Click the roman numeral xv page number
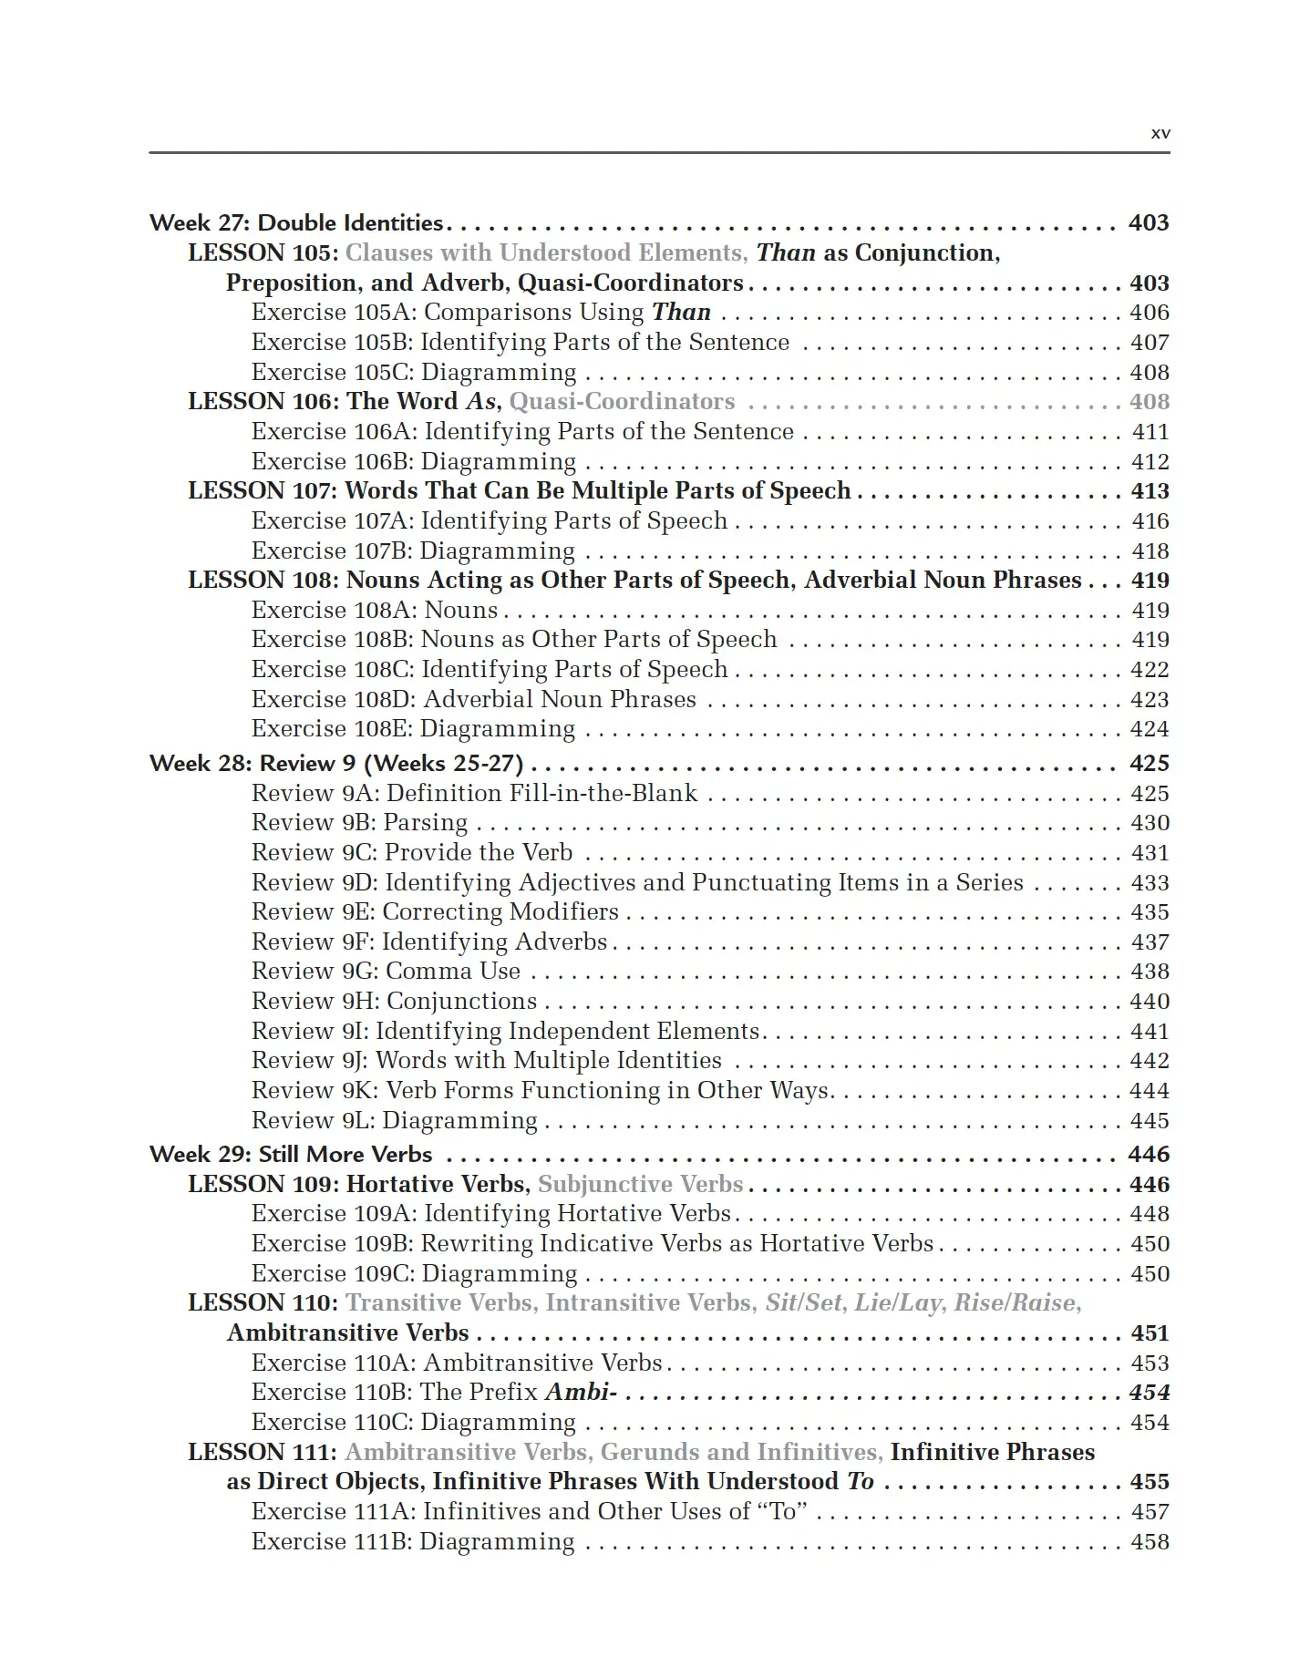coord(1160,133)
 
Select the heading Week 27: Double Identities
coord(296,223)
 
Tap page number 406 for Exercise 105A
coord(1149,313)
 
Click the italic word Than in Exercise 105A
coord(681,313)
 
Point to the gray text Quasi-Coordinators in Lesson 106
coord(622,402)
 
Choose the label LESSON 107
coord(261,491)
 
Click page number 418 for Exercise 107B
coord(1150,551)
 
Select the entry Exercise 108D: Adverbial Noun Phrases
coord(473,700)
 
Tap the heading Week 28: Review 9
coord(336,764)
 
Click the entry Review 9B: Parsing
coord(359,823)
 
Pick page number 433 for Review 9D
coord(1150,883)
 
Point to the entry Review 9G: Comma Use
coord(386,972)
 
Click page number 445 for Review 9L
coord(1149,1121)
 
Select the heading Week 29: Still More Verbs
coord(291,1155)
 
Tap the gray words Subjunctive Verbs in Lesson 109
coord(641,1185)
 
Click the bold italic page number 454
coord(1149,1393)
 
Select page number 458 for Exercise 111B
coord(1149,1542)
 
